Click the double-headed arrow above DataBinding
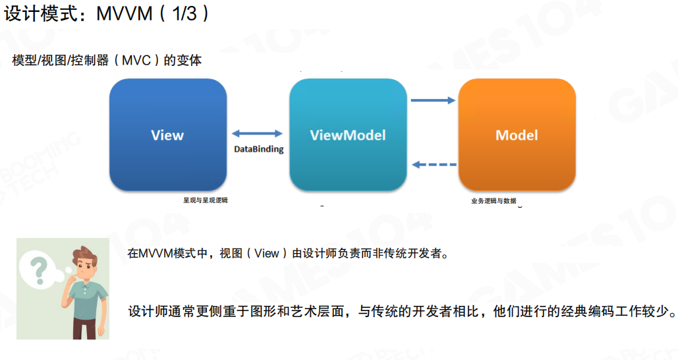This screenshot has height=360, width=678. tap(257, 134)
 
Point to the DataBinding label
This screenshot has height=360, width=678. tap(259, 150)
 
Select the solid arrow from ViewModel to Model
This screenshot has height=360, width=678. tap(433, 100)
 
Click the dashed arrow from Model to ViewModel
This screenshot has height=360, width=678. tap(433, 165)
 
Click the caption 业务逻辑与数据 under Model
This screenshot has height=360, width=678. tap(494, 200)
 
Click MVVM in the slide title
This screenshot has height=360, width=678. tap(125, 14)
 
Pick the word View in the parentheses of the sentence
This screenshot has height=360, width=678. tap(267, 253)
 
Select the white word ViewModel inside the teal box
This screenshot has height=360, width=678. tap(348, 135)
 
